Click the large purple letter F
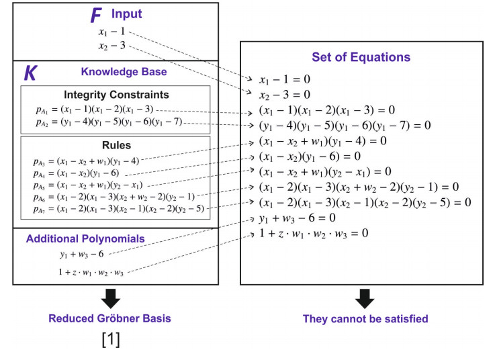[x=97, y=15]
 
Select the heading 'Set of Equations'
[x=361, y=57]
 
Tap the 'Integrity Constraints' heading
[x=117, y=95]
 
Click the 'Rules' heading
[x=116, y=145]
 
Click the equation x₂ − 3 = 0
[x=284, y=94]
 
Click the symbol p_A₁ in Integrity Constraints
[x=42, y=110]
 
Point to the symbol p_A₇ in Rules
[x=42, y=209]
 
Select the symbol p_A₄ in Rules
[x=42, y=173]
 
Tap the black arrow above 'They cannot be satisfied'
[x=364, y=298]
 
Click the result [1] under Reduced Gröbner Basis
[x=111, y=340]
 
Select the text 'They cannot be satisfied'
[x=364, y=319]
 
